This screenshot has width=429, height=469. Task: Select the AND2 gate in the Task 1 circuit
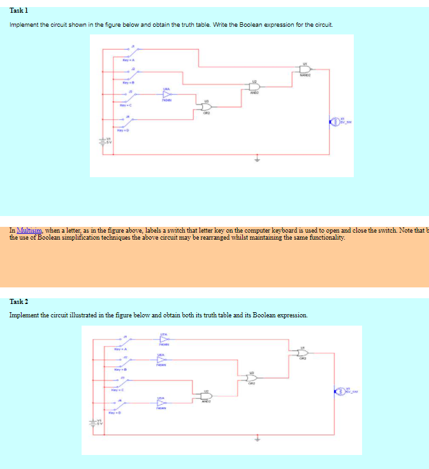tap(254, 87)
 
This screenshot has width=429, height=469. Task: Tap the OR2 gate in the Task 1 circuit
tap(207, 107)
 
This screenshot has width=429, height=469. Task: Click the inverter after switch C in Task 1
tap(167, 94)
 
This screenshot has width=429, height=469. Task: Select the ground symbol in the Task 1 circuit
tap(258, 159)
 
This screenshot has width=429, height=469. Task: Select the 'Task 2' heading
tap(19, 301)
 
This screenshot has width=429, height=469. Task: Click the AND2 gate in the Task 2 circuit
tap(207, 396)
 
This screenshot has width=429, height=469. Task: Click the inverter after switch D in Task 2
tap(161, 403)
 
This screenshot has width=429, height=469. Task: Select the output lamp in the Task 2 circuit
tap(338, 391)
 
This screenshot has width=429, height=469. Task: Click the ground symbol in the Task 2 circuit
tap(258, 439)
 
